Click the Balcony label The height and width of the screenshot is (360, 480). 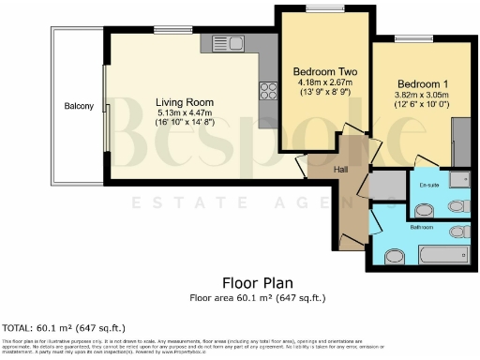(79, 106)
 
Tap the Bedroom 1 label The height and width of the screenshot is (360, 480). (413, 83)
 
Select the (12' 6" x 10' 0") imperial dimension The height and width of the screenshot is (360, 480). (413, 104)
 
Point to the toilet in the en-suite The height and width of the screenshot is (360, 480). (457, 205)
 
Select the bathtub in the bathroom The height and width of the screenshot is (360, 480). (439, 253)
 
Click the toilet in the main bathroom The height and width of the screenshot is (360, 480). (459, 231)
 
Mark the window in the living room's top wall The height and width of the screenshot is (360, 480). (169, 30)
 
